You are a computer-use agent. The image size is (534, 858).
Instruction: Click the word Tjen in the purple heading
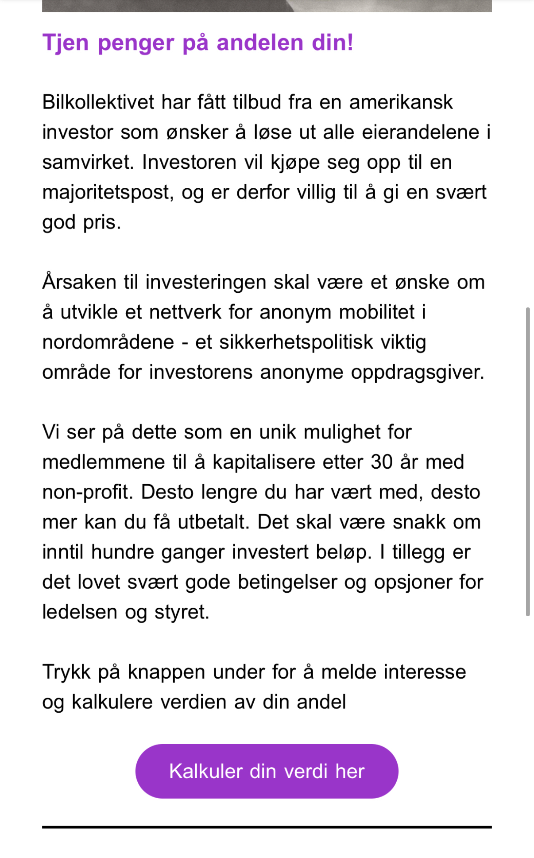point(66,43)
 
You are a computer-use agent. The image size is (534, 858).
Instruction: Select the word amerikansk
point(401,102)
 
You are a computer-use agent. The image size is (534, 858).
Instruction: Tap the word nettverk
point(185,312)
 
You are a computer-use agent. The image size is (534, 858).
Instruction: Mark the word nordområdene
point(108,342)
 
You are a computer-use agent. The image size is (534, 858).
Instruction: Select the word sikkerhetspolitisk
point(296,342)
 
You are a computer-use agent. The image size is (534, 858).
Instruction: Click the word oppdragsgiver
point(418,373)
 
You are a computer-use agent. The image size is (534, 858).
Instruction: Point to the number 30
point(382,462)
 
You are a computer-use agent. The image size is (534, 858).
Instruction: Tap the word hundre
point(122,552)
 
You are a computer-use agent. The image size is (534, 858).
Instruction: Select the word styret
point(182,612)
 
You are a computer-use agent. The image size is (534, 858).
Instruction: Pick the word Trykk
point(66,672)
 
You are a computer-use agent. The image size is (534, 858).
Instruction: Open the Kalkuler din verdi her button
point(267,771)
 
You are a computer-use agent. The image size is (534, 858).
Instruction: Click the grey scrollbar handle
point(527,461)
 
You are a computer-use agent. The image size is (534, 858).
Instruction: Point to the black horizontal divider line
point(267,827)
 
